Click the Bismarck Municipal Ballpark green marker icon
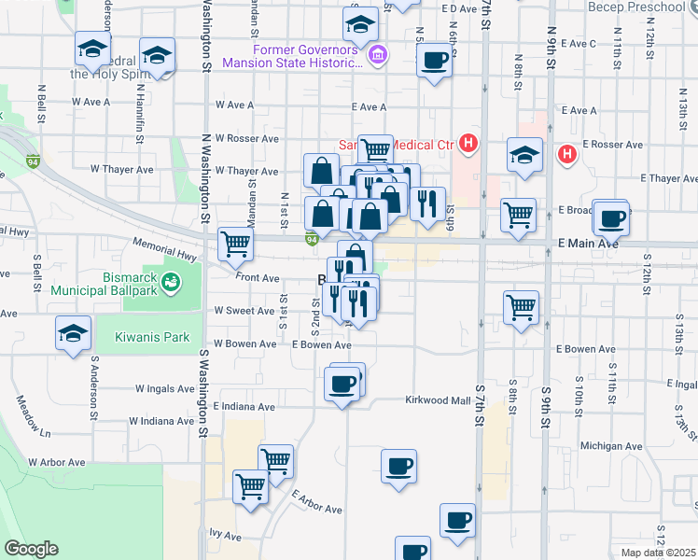tap(171, 282)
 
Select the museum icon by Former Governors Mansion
tap(378, 56)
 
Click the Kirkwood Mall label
tap(439, 400)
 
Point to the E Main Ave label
tap(589, 244)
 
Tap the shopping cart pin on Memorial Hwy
tap(236, 245)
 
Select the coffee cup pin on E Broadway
tap(612, 218)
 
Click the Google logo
tap(31, 549)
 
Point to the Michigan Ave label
tap(606, 447)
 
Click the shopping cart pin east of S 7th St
tap(520, 306)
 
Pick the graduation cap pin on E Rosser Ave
tap(525, 155)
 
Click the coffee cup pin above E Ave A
tap(434, 62)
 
